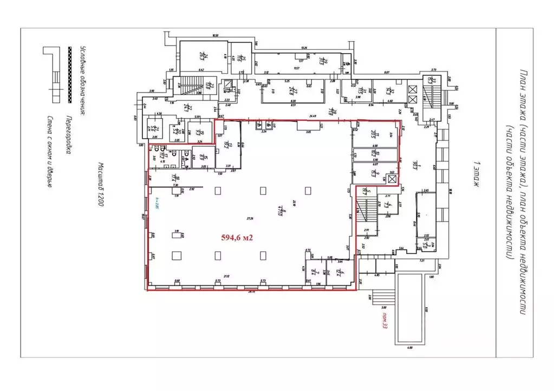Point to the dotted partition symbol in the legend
[69, 75]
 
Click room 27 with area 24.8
[291, 90]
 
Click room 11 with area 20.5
[373, 134]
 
